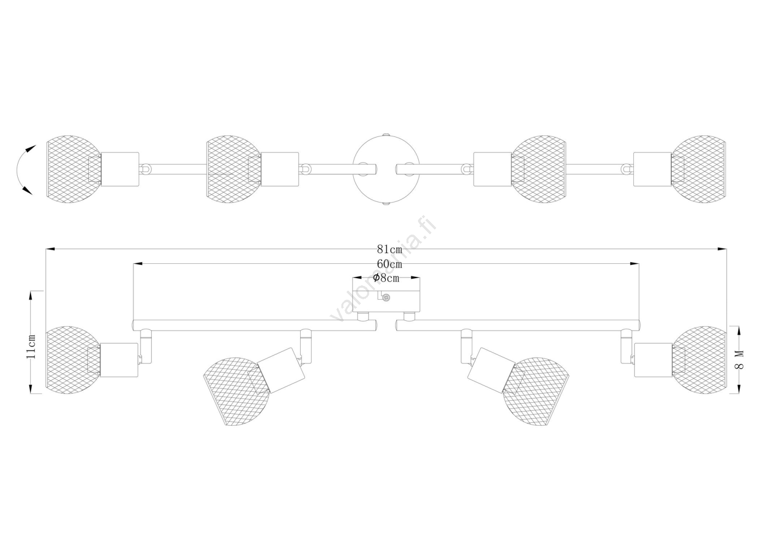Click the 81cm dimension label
coord(390,249)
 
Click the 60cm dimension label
coord(390,264)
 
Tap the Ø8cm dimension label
coord(386,278)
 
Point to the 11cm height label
coord(32,346)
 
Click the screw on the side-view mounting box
coord(387,297)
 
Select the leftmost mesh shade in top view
coord(73,169)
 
